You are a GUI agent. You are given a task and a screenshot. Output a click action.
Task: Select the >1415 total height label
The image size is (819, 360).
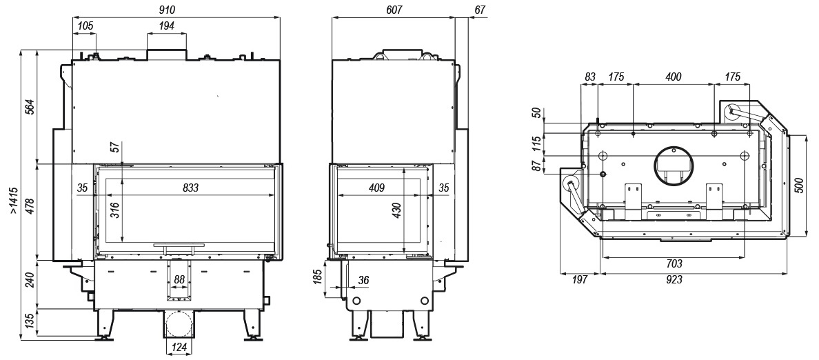14,201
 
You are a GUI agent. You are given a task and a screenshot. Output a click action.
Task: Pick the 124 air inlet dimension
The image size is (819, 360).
179,346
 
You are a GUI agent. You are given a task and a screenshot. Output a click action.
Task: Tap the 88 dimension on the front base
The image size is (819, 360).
179,279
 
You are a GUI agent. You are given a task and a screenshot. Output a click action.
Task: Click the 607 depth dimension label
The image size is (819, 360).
394,10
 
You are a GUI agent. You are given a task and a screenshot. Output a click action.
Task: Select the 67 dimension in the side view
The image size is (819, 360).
481,10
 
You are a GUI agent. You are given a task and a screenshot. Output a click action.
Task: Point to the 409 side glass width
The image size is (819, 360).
376,188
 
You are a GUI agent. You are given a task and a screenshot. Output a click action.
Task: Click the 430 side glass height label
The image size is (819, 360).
396,210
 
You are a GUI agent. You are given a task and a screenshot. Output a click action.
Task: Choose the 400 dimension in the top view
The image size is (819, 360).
673,77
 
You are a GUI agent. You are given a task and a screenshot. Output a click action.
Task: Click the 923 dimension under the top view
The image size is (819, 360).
674,280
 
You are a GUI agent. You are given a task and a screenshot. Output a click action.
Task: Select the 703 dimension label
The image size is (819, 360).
674,264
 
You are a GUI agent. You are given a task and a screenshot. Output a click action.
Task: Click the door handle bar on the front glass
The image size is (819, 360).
179,245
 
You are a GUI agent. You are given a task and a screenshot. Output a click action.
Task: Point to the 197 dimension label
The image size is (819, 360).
579,280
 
